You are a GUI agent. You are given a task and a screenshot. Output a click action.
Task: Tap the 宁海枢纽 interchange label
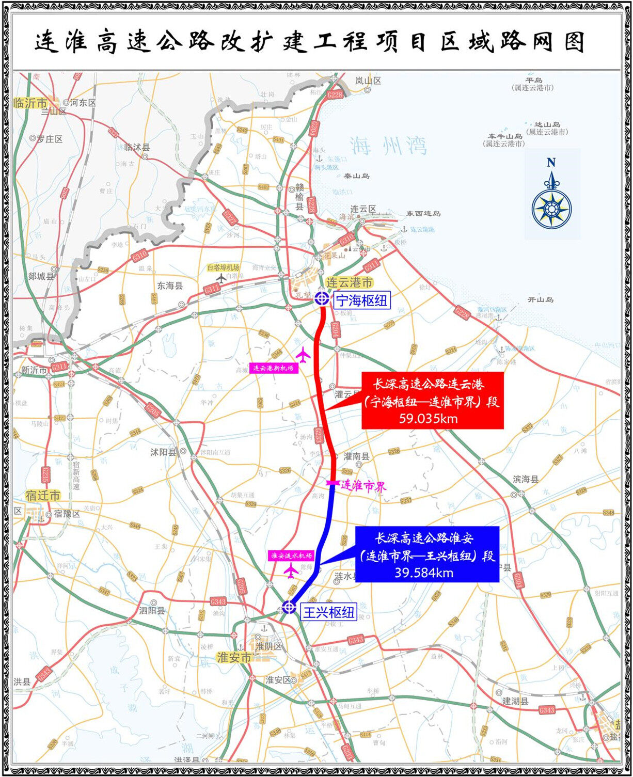362,300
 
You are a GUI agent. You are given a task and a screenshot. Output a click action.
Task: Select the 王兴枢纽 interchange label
329,612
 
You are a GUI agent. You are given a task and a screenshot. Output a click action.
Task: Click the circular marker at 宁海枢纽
322,298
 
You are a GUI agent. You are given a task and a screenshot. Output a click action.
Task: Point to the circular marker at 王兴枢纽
289,607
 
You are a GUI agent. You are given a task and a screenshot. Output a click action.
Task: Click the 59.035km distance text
428,418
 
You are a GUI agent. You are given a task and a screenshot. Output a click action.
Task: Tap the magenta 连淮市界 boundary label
363,485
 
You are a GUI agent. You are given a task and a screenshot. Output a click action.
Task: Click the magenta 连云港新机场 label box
274,368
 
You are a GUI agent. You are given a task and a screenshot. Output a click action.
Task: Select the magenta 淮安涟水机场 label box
292,556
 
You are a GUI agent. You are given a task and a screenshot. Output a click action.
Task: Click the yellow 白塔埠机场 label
223,267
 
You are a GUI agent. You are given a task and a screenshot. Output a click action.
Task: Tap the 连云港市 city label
350,282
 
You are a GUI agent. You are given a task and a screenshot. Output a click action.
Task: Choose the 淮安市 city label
234,657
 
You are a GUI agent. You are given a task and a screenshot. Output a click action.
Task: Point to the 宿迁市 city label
42,496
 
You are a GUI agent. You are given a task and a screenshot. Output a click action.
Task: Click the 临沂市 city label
30,103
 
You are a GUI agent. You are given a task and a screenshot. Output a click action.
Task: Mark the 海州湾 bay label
388,146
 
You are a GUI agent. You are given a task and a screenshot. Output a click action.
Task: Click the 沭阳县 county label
163,452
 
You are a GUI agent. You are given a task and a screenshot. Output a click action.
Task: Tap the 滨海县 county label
526,479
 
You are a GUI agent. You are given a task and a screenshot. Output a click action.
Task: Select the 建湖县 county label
515,701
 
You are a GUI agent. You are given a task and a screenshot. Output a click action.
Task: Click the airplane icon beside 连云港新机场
303,354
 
